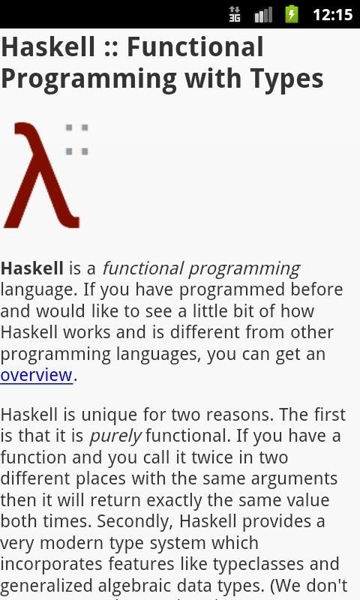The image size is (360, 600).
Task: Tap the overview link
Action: coord(36,375)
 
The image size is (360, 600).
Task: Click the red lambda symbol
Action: coord(41,176)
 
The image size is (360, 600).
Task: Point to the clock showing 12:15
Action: coord(332,15)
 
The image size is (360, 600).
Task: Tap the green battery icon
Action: coord(292,14)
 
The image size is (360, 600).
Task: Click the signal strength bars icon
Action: coord(263,15)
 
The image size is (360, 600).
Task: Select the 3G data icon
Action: coord(235,14)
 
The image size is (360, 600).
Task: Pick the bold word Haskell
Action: coord(31,268)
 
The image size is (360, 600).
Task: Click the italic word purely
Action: coord(115,436)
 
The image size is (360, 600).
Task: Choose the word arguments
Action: coord(289,478)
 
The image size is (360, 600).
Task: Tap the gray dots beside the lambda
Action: coord(76,139)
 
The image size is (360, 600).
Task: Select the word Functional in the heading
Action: coord(195,47)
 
